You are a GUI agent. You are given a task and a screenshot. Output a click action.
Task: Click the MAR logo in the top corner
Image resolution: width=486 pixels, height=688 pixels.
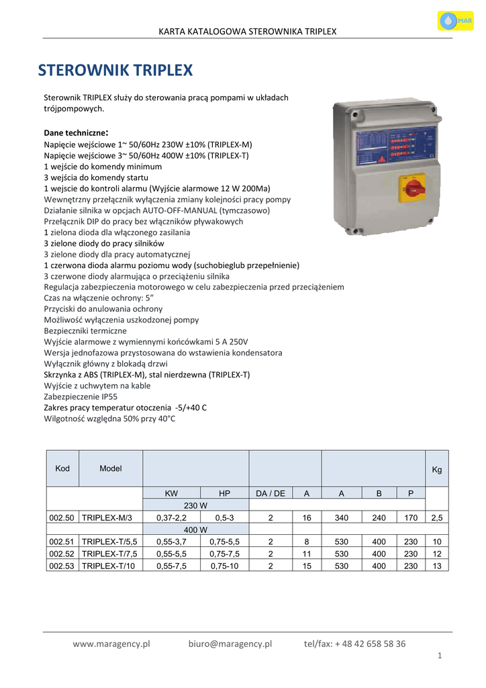[x=454, y=21]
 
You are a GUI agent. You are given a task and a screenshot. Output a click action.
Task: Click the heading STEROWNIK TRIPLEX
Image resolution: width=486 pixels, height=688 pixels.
[x=115, y=71]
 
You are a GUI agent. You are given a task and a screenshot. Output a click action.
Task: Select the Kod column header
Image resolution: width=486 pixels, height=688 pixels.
[x=62, y=468]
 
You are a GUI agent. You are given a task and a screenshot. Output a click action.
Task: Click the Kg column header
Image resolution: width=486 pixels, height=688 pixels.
[x=437, y=470]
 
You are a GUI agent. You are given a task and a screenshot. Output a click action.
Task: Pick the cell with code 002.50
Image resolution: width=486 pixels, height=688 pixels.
[x=62, y=517]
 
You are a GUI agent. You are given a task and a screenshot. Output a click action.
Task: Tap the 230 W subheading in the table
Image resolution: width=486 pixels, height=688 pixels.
[x=195, y=505]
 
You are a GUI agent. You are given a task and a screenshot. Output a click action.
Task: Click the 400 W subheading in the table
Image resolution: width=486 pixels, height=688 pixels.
[x=195, y=529]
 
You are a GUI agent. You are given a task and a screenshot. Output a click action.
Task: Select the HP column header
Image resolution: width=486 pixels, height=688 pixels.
[x=224, y=493]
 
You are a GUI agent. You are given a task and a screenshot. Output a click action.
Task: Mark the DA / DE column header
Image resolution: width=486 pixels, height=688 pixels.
[x=271, y=493]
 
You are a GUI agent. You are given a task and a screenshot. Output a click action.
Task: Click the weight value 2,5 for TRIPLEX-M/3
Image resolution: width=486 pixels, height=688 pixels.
[x=437, y=517]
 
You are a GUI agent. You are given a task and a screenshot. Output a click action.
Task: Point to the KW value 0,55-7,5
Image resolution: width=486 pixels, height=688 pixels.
[x=171, y=566]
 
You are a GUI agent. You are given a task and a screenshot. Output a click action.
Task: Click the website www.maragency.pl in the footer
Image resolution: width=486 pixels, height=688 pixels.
[x=111, y=644]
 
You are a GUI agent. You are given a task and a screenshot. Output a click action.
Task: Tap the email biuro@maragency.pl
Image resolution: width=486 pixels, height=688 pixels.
[x=230, y=644]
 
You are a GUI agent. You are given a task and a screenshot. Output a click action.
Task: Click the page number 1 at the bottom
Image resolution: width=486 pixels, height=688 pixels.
[x=439, y=656]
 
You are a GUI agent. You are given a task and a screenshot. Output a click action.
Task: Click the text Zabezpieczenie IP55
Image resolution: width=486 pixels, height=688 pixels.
[x=81, y=397]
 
